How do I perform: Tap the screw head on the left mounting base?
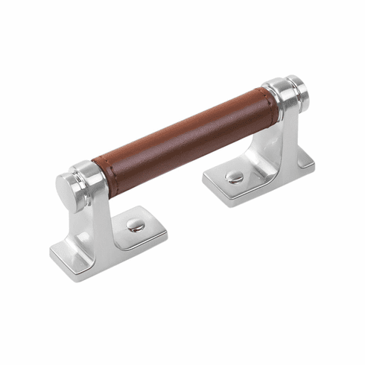coord(135,225)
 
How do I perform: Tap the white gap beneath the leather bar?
coord(186,179)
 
